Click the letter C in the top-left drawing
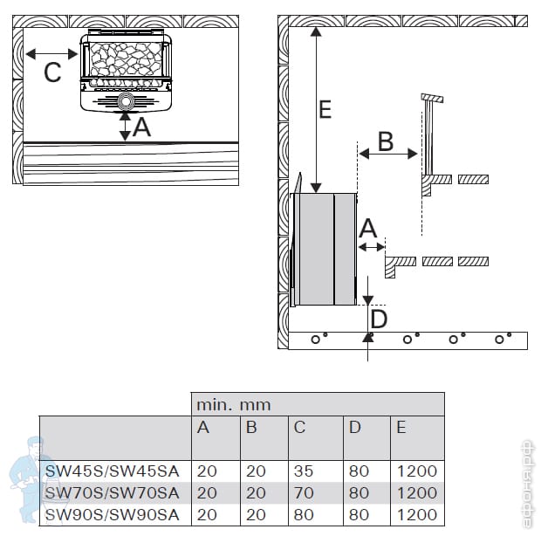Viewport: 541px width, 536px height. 52,73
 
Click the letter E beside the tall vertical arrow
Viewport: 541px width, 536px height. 325,109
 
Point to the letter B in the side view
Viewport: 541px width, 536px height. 385,140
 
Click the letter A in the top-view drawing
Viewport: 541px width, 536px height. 141,129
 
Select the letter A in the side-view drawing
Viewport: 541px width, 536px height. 368,229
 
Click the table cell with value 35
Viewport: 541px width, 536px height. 304,471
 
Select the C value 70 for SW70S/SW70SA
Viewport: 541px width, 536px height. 304,492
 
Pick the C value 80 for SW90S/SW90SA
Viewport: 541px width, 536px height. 304,514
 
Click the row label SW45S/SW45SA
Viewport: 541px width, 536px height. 112,471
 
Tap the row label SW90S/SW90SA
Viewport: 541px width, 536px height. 112,514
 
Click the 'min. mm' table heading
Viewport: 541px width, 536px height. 233,405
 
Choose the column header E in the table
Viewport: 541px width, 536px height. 401,427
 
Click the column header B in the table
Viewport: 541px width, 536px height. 251,427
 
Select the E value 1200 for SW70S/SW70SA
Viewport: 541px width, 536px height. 416,492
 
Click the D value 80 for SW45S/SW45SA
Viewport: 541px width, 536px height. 359,471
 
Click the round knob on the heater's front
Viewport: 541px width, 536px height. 126,102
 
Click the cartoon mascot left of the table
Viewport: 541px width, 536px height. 25,476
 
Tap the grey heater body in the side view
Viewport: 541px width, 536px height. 325,250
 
